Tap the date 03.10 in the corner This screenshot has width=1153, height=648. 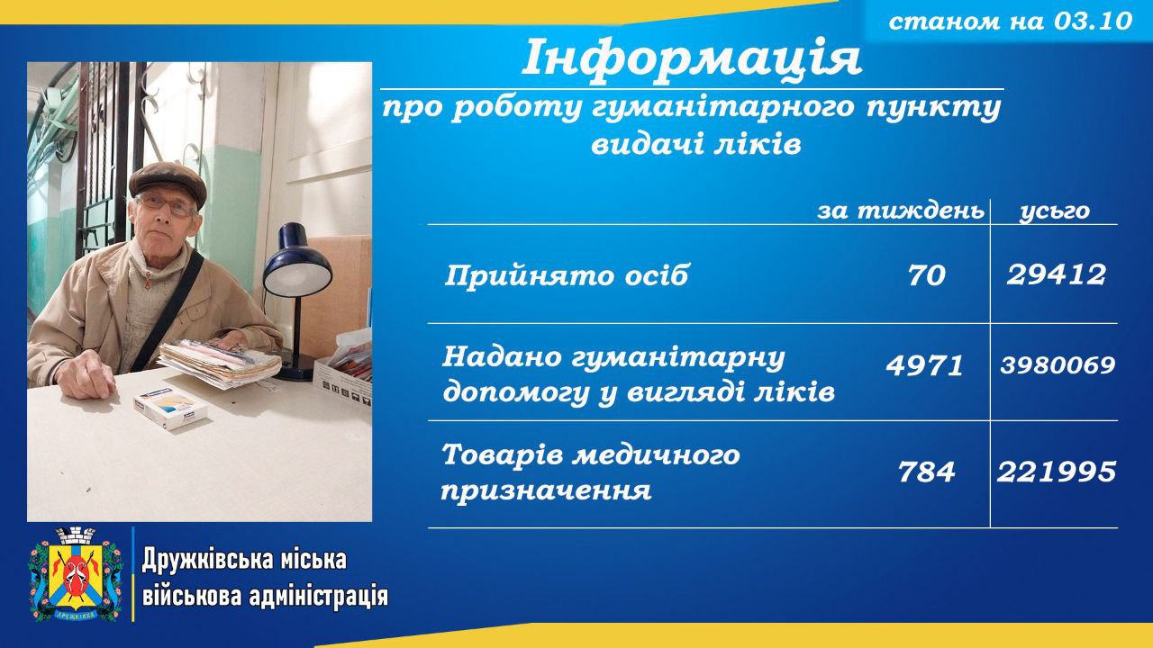1093,21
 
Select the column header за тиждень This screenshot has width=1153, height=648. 901,211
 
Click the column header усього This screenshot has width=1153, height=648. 1054,211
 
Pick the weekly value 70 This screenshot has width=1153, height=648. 927,275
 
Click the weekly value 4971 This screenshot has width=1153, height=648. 924,365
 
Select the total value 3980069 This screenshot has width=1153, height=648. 1058,365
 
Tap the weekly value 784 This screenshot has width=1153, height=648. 927,472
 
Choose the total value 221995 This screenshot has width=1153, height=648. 1057,472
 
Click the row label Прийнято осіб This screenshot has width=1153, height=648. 567,275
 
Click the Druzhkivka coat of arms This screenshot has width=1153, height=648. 76,574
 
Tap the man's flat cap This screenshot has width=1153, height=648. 168,183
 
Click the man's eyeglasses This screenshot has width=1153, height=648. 166,205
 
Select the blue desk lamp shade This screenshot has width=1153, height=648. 297,262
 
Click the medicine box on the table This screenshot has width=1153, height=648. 170,407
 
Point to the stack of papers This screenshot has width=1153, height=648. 220,363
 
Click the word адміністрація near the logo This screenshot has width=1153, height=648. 319,597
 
